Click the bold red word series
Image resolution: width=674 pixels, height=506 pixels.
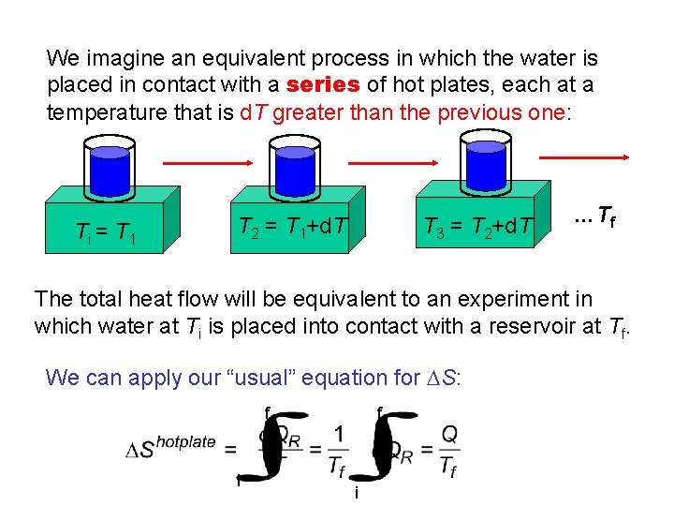click(x=323, y=85)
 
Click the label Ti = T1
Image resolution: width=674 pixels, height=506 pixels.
click(x=105, y=232)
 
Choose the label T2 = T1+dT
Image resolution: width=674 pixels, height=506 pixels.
click(x=291, y=226)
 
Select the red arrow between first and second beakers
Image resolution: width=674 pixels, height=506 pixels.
click(x=201, y=164)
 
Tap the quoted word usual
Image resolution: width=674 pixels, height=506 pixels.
click(x=314, y=378)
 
